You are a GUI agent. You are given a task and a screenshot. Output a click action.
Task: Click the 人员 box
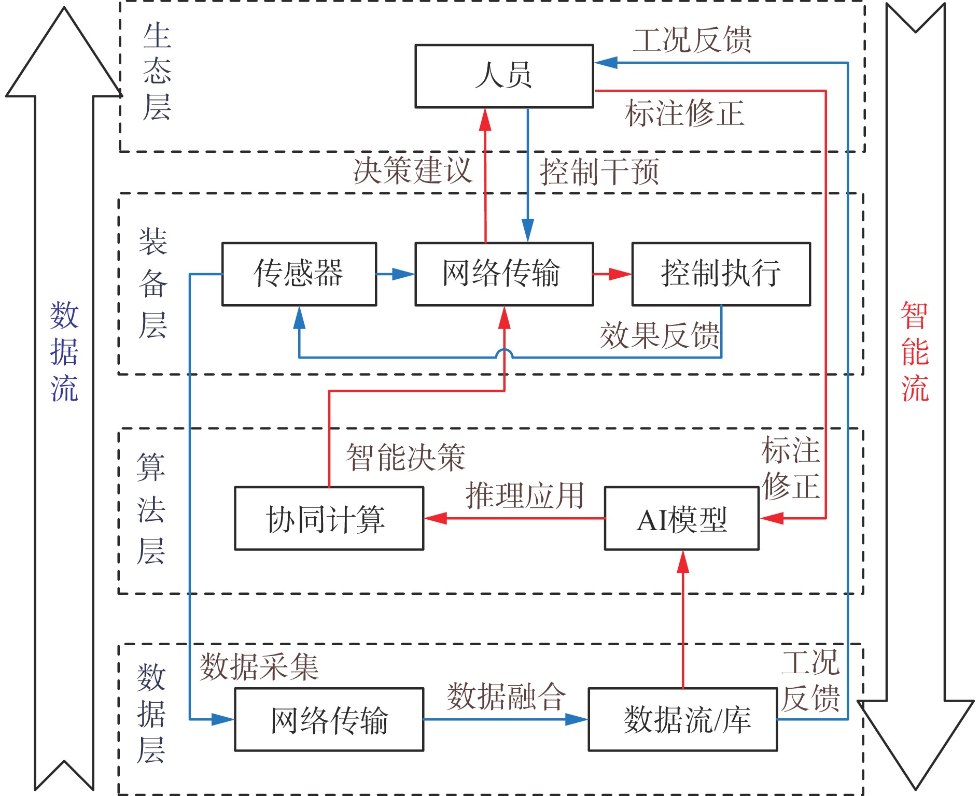click(x=504, y=76)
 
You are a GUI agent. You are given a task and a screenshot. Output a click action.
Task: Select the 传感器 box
click(x=299, y=274)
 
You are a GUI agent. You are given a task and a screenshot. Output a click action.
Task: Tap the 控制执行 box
click(x=721, y=274)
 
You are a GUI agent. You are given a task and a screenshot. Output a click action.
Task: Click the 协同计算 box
click(x=329, y=519)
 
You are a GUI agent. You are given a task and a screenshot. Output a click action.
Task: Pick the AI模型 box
click(x=682, y=519)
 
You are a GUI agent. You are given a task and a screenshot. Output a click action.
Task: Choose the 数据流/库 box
click(x=682, y=719)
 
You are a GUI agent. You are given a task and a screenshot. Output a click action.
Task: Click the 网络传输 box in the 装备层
click(x=504, y=274)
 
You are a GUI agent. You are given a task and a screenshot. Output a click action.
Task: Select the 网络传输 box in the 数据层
click(x=329, y=719)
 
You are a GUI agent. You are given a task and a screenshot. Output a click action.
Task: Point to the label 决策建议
click(x=413, y=170)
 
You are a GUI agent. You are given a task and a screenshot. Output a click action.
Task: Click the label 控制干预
click(x=599, y=172)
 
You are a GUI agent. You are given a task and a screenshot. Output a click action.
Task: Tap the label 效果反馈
click(x=660, y=335)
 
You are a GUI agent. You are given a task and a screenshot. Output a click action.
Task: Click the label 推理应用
click(x=525, y=495)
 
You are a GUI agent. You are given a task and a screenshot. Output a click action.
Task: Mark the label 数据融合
click(x=506, y=696)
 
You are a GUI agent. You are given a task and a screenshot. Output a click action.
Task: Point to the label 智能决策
click(x=405, y=458)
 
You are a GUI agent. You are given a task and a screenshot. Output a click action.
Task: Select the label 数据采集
click(x=259, y=666)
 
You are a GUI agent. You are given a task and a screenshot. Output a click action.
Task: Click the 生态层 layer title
click(x=157, y=72)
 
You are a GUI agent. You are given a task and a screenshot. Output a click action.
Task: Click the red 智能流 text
click(x=915, y=351)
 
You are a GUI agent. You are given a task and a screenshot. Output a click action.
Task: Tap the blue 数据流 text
click(x=64, y=351)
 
